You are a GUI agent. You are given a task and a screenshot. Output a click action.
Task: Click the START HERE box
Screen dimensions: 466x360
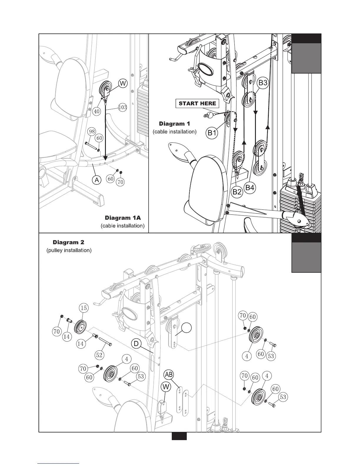point(197,104)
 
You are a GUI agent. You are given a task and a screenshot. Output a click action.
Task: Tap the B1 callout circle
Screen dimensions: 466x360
point(212,133)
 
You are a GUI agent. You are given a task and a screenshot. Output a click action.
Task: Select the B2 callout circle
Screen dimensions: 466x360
point(237,192)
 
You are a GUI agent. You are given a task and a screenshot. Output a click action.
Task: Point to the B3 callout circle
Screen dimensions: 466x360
point(263,83)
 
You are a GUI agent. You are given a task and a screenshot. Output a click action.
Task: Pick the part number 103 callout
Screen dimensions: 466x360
point(122,107)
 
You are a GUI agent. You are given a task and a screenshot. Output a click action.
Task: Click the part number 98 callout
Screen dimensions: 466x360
point(92,131)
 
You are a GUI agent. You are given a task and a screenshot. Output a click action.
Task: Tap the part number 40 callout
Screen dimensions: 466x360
point(97,111)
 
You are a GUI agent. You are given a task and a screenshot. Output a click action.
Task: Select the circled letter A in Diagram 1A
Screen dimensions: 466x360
point(97,180)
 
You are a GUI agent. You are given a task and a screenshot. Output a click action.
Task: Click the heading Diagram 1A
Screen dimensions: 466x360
point(123,218)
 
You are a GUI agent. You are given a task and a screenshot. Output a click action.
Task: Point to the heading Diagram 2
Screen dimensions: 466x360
point(68,242)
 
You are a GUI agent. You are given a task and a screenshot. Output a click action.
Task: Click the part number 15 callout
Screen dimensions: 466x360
point(84,308)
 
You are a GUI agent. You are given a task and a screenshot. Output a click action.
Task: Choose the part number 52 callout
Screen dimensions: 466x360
point(99,355)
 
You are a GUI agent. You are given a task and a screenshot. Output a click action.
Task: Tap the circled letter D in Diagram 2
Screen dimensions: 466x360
point(136,344)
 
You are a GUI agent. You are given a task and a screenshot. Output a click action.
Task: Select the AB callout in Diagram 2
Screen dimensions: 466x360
point(169,375)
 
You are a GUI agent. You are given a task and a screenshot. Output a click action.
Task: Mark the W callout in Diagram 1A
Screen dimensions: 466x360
point(123,84)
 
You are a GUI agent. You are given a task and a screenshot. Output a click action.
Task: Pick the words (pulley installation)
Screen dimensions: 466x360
point(69,250)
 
